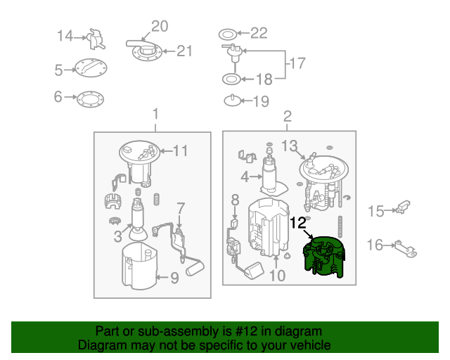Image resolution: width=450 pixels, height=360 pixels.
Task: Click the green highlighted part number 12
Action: tap(323, 257)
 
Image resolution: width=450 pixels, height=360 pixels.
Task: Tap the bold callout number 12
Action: tap(298, 223)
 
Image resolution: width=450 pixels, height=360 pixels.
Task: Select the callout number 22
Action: tap(259, 33)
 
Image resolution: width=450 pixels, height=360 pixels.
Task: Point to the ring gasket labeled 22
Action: tap(228, 34)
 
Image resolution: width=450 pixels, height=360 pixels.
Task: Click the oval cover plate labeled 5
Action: tap(91, 68)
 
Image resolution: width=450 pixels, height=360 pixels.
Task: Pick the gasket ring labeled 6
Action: tap(91, 99)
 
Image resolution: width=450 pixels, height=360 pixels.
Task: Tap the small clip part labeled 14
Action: tap(96, 39)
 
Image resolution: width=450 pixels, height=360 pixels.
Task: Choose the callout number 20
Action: tap(160, 26)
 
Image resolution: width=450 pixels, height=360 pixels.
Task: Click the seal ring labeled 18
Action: tap(231, 79)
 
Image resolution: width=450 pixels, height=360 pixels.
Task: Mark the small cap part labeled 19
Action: tap(232, 101)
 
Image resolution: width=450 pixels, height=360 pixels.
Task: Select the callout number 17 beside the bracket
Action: tap(297, 63)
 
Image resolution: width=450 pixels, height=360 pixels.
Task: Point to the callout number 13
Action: tap(289, 146)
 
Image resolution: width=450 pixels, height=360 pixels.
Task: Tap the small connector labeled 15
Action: tap(403, 207)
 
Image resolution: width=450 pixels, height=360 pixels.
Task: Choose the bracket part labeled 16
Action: tap(406, 249)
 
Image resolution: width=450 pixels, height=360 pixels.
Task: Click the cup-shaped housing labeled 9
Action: tap(140, 266)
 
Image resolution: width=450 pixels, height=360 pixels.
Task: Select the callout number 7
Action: tap(181, 209)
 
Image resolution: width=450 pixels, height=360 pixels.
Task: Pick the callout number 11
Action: tap(181, 150)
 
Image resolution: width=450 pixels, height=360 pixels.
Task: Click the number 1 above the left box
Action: tap(155, 114)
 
